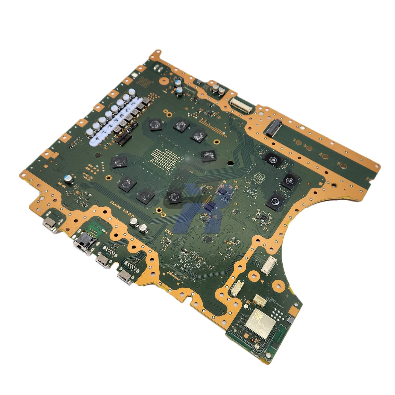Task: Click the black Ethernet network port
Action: click(84, 243)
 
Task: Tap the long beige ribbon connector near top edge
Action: click(240, 105)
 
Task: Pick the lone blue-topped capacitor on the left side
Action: click(69, 179)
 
